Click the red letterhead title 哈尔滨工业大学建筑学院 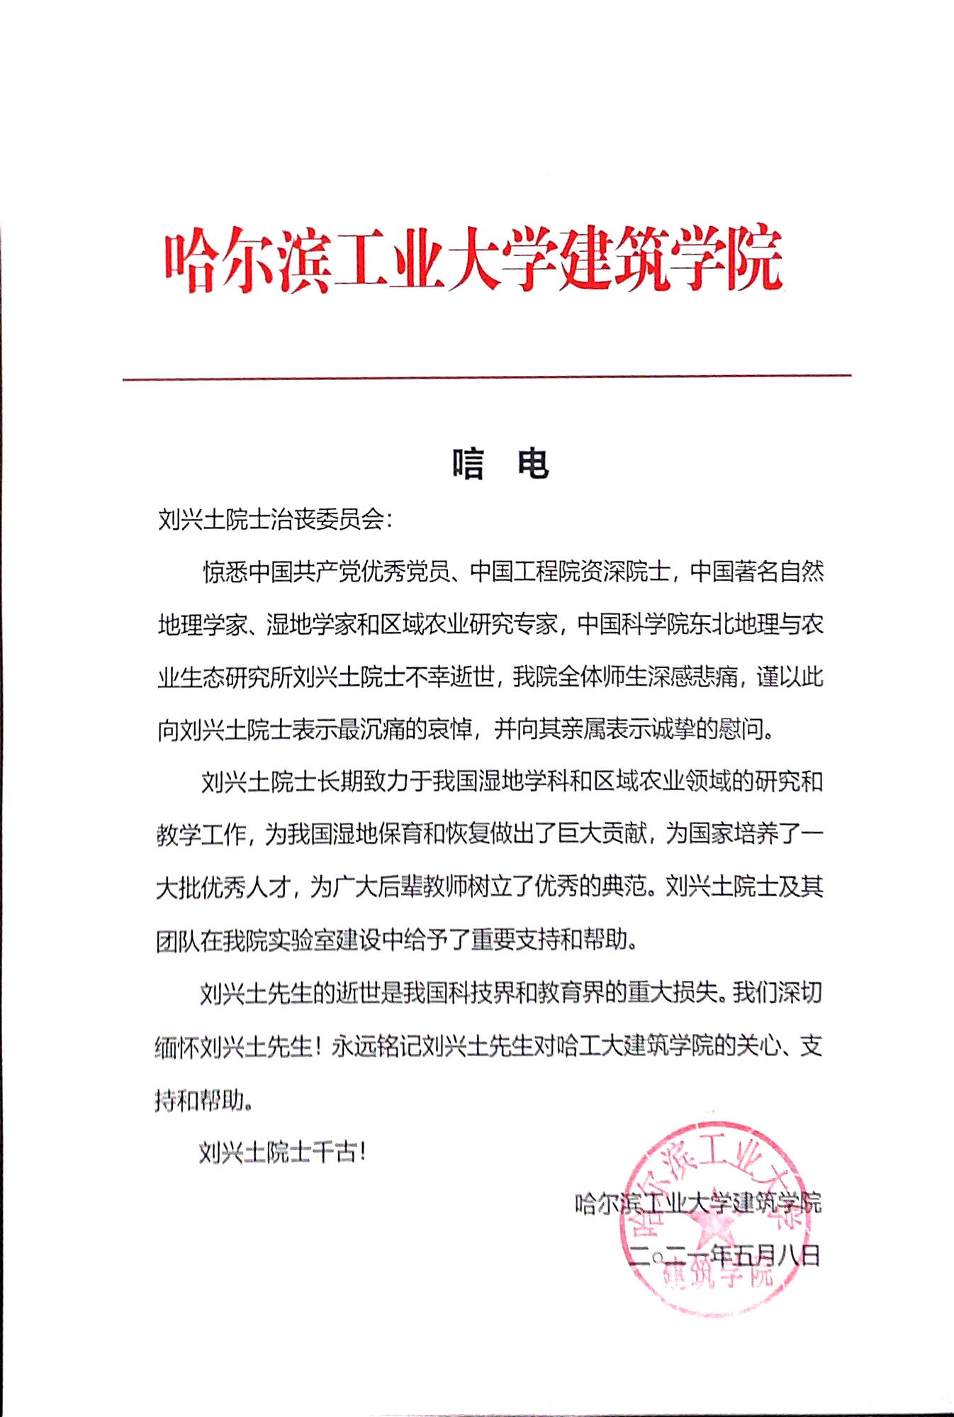point(473,260)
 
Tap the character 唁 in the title point(468,465)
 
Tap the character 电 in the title point(533,465)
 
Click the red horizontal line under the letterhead point(486,377)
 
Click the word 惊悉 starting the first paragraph point(225,572)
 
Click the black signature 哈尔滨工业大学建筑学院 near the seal point(698,1203)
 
